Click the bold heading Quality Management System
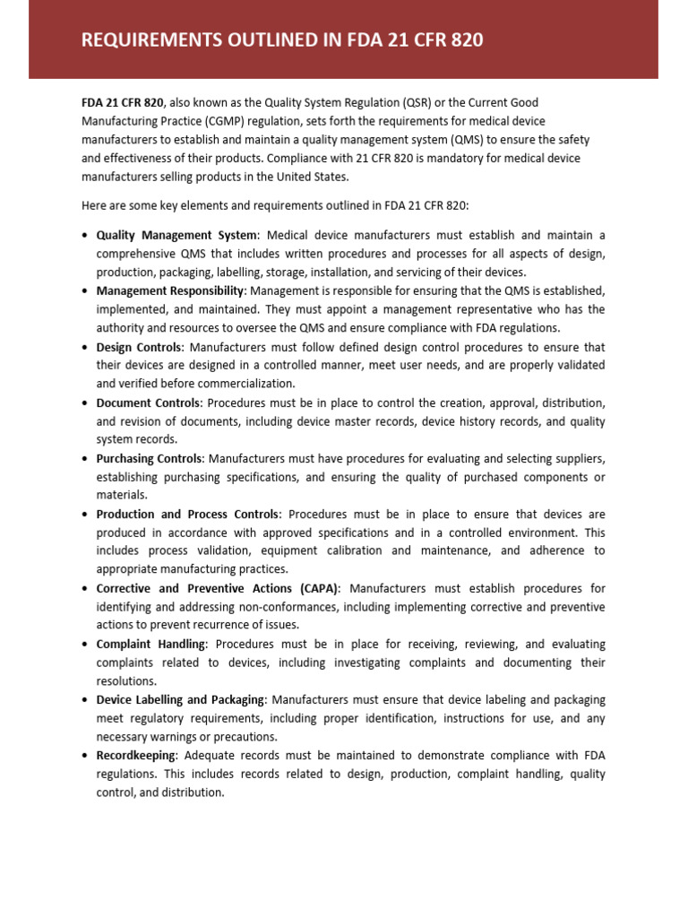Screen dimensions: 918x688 [176, 235]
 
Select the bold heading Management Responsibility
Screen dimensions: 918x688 [170, 290]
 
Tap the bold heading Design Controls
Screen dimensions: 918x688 [139, 346]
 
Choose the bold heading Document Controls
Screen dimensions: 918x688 [148, 403]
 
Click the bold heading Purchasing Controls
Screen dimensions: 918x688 [150, 458]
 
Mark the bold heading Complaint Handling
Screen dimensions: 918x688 [150, 644]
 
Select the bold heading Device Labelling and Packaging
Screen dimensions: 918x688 [180, 699]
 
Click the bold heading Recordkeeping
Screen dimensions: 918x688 [135, 755]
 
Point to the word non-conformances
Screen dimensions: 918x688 [272, 606]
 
